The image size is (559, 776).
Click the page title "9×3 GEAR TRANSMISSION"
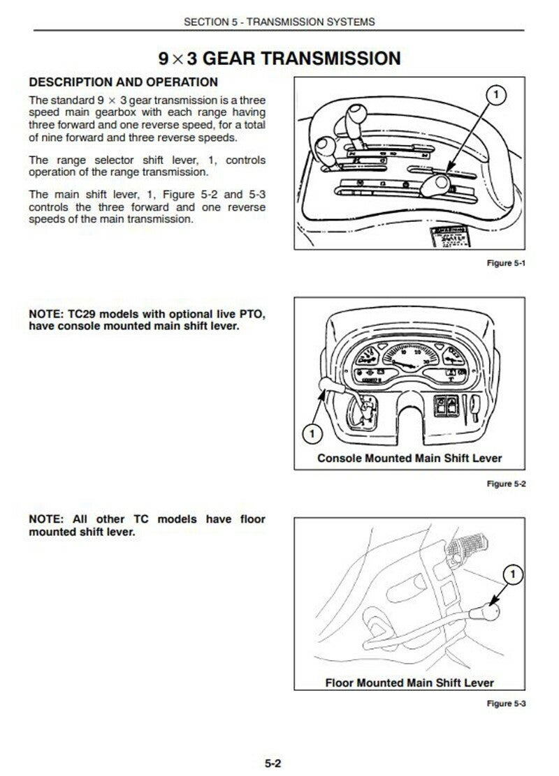(x=279, y=57)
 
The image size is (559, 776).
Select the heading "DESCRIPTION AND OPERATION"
(x=123, y=82)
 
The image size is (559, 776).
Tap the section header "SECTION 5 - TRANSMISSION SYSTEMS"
(x=279, y=22)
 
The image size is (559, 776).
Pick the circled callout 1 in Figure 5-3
(x=513, y=574)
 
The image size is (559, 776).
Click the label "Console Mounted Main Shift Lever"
(x=409, y=458)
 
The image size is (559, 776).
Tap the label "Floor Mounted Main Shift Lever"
(x=409, y=682)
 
